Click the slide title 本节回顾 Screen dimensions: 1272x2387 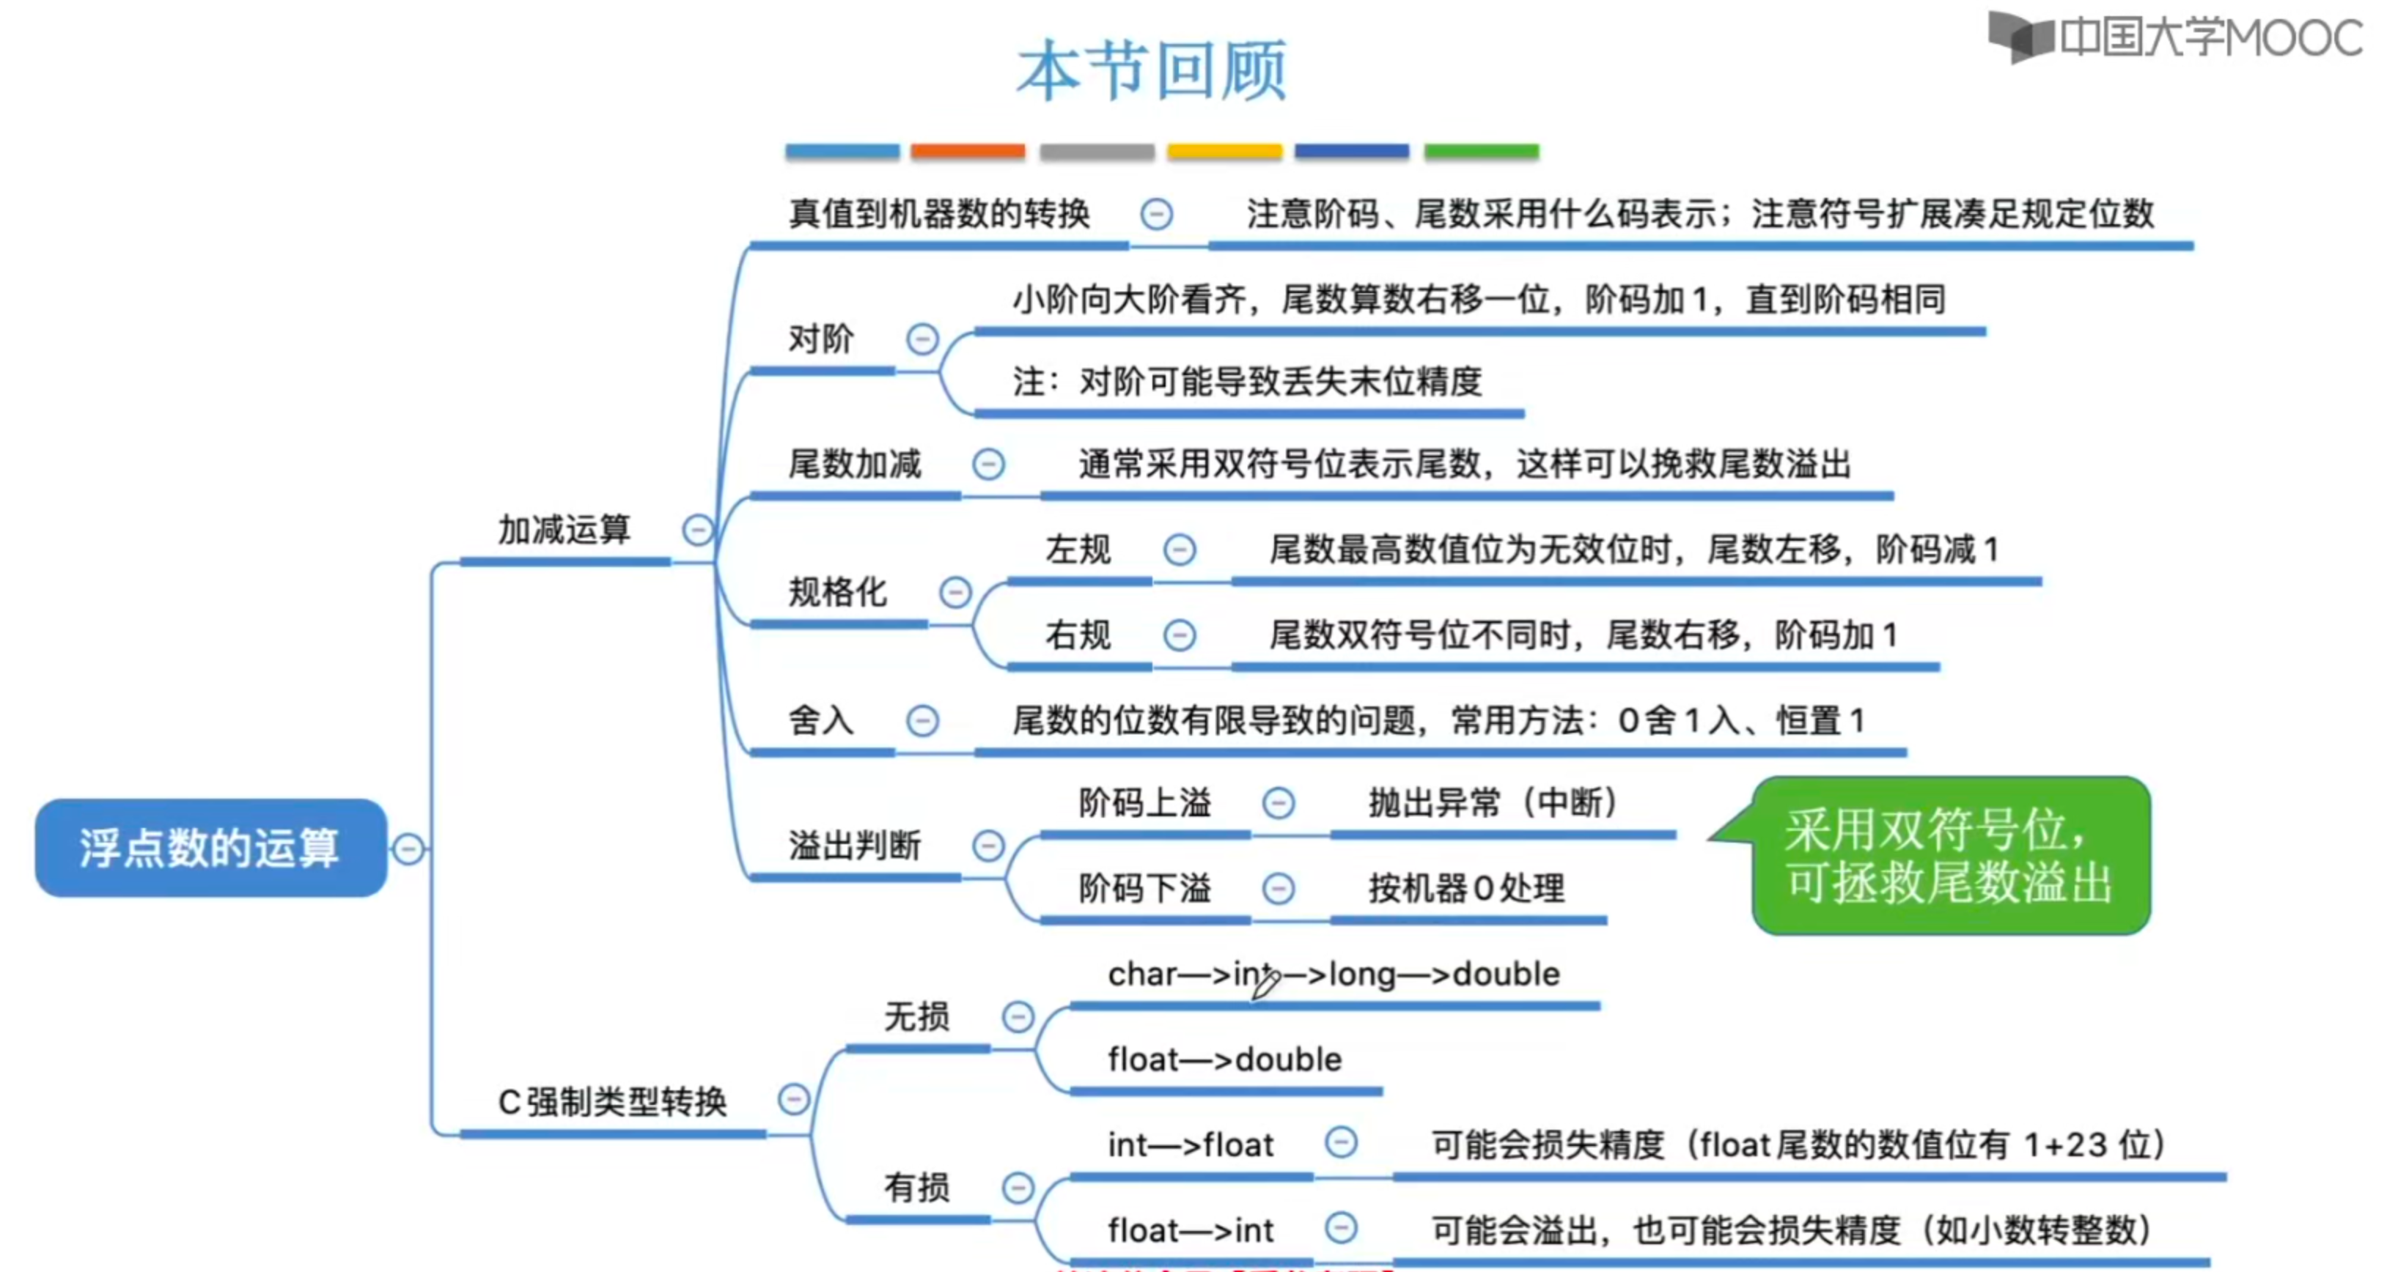(1151, 70)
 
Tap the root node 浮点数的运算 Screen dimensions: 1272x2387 (210, 848)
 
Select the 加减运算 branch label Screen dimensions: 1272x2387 (564, 530)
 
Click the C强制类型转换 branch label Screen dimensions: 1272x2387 (611, 1101)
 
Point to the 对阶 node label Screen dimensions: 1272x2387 (820, 339)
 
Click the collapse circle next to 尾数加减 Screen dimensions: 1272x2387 (987, 463)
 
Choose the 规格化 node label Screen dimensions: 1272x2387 (836, 592)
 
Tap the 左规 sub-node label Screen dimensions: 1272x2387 (1078, 550)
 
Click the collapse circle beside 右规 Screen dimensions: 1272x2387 (1179, 635)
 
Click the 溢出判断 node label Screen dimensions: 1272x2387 (854, 846)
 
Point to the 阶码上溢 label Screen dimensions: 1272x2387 (1144, 802)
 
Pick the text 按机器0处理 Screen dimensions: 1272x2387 (1467, 889)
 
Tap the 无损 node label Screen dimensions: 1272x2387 (916, 1016)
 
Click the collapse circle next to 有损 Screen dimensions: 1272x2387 (1018, 1187)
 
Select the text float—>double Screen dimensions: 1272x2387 (1224, 1059)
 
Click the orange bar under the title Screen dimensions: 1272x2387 (968, 151)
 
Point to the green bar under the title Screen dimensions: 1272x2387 (1481, 151)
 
